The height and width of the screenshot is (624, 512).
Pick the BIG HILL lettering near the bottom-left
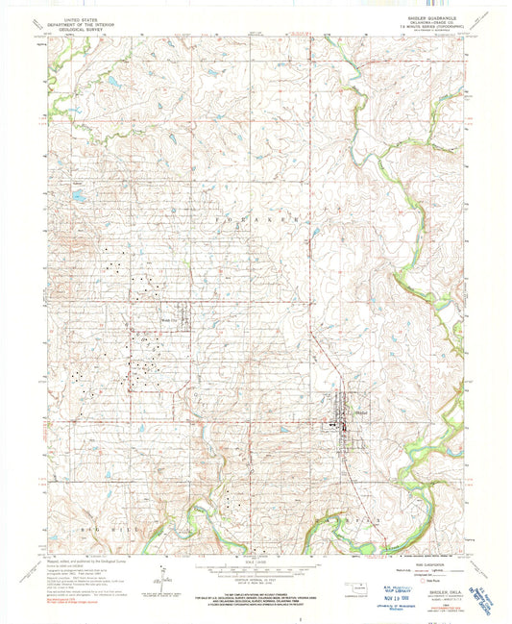click(x=82, y=529)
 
